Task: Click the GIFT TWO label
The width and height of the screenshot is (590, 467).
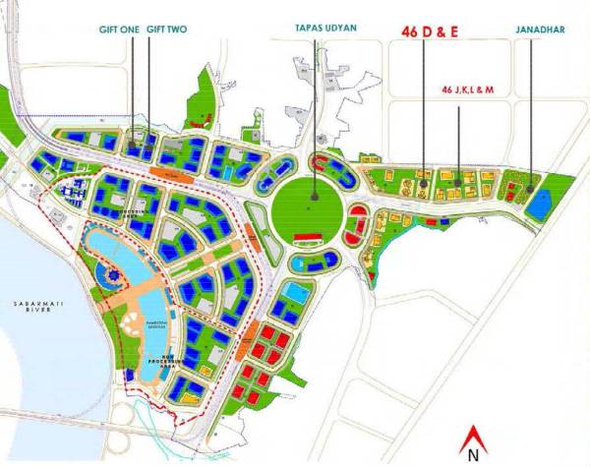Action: click(167, 30)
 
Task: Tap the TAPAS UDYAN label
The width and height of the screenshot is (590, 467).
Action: click(314, 30)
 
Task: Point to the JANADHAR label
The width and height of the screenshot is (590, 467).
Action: click(539, 30)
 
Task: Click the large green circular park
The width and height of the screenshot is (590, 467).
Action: click(307, 206)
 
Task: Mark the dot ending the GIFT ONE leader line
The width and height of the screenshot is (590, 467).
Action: click(132, 150)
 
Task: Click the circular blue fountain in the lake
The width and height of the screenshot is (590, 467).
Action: click(107, 272)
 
